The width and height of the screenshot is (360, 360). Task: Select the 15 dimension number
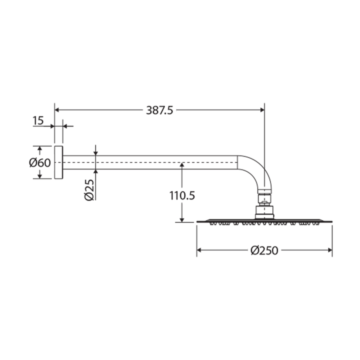coord(38,120)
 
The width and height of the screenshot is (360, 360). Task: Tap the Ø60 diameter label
coord(40,163)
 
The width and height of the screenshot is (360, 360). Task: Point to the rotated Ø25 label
coord(90,190)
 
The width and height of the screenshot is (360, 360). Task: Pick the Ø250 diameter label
coord(265,250)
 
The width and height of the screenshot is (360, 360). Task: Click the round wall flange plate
coord(58,162)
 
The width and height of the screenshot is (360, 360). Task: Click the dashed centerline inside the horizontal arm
coord(150,162)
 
